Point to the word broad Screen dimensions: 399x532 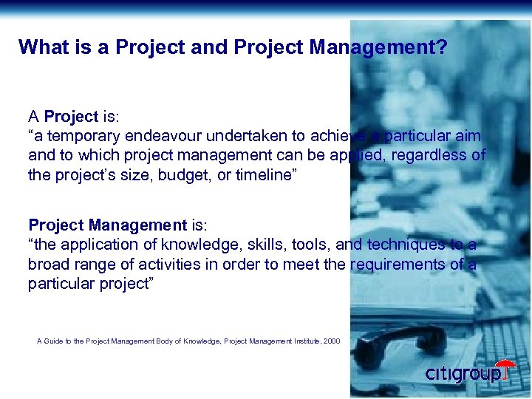point(48,265)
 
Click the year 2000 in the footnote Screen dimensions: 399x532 point(332,341)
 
